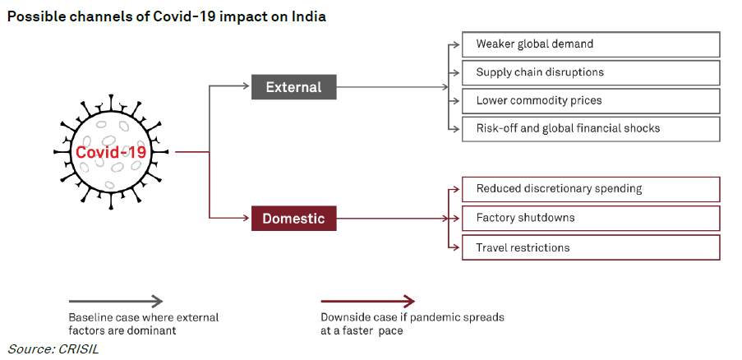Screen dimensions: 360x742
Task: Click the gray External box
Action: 293,86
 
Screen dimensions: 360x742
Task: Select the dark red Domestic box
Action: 293,219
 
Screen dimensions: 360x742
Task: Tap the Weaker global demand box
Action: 590,44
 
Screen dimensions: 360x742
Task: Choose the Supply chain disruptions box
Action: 590,72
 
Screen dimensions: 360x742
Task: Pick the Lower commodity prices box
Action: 590,100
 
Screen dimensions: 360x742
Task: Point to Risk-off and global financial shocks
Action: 590,128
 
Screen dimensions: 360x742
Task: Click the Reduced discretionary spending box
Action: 590,189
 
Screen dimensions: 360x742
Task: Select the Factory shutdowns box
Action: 590,218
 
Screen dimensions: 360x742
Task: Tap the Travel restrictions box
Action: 590,247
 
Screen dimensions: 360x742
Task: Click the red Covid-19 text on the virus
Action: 111,153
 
